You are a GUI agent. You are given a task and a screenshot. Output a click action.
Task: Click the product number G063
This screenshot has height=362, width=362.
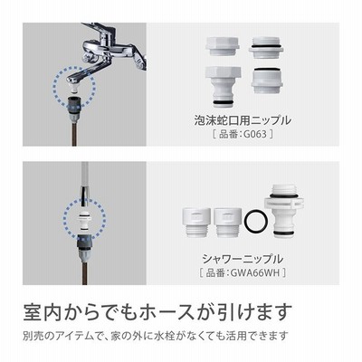tap(255, 134)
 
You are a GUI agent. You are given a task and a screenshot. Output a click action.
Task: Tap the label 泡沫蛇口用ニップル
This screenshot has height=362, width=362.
tap(243, 120)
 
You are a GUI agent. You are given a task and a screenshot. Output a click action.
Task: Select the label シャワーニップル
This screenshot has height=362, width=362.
tap(243, 259)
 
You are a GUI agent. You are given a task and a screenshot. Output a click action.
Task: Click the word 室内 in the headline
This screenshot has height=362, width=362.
tap(42, 312)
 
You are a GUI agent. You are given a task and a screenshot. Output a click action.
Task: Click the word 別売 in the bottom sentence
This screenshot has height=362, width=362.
tap(33, 336)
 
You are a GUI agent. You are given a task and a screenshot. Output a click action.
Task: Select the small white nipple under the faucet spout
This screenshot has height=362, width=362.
tap(74, 87)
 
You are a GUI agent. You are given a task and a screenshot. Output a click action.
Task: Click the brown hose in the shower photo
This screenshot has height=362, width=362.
tap(84, 272)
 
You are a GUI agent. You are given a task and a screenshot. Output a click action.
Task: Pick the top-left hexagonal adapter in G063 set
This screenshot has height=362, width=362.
tap(223, 46)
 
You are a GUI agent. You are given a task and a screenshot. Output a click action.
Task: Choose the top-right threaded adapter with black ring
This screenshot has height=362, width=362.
tap(266, 47)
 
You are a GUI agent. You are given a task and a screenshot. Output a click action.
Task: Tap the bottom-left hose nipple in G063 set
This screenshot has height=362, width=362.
tap(223, 86)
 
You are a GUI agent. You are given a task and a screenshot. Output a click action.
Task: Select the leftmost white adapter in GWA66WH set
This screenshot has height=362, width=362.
tap(196, 223)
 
